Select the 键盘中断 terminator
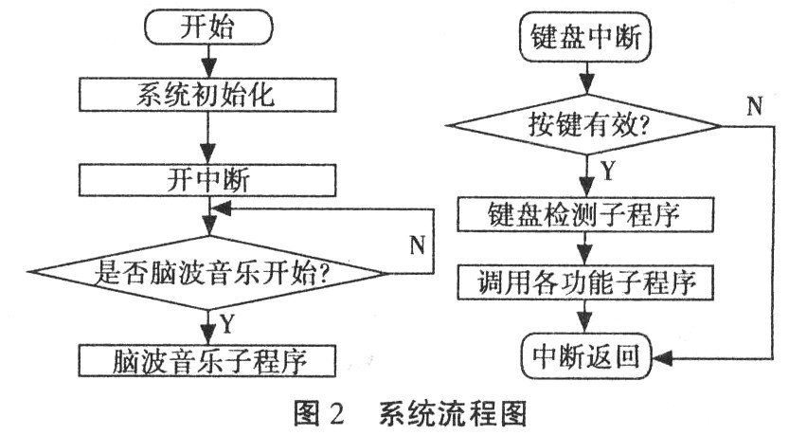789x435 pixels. (586, 39)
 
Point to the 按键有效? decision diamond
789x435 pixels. (586, 125)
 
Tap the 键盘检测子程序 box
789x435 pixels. (586, 215)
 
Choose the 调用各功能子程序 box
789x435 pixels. (586, 281)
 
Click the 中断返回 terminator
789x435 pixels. (586, 357)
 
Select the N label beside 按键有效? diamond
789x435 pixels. (755, 105)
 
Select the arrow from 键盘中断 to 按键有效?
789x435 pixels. (586, 75)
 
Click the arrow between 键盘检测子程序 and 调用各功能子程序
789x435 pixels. (586, 248)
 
